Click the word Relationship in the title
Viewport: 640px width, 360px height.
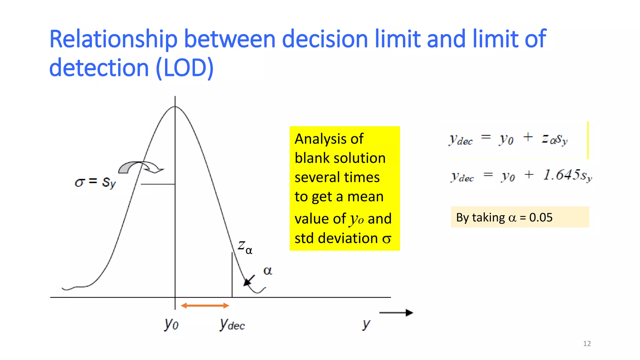click(113, 39)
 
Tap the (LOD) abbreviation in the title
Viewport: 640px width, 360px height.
click(184, 68)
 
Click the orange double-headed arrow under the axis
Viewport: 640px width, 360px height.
click(205, 306)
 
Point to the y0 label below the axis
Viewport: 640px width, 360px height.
click(171, 324)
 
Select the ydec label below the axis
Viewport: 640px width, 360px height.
click(232, 325)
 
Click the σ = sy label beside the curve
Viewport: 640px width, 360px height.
click(95, 182)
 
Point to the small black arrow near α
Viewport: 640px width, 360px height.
click(249, 280)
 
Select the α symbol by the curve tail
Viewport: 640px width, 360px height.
click(267, 270)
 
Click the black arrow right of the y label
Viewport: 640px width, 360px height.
click(396, 312)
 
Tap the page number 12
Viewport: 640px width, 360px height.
click(587, 344)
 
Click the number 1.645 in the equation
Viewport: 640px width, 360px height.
click(562, 175)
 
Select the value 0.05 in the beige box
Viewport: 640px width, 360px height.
click(541, 217)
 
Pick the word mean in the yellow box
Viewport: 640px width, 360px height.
click(365, 197)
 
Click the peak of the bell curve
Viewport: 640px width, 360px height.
click(175, 107)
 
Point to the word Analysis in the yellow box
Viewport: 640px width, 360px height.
click(329, 139)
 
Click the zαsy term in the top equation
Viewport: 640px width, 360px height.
click(554, 139)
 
